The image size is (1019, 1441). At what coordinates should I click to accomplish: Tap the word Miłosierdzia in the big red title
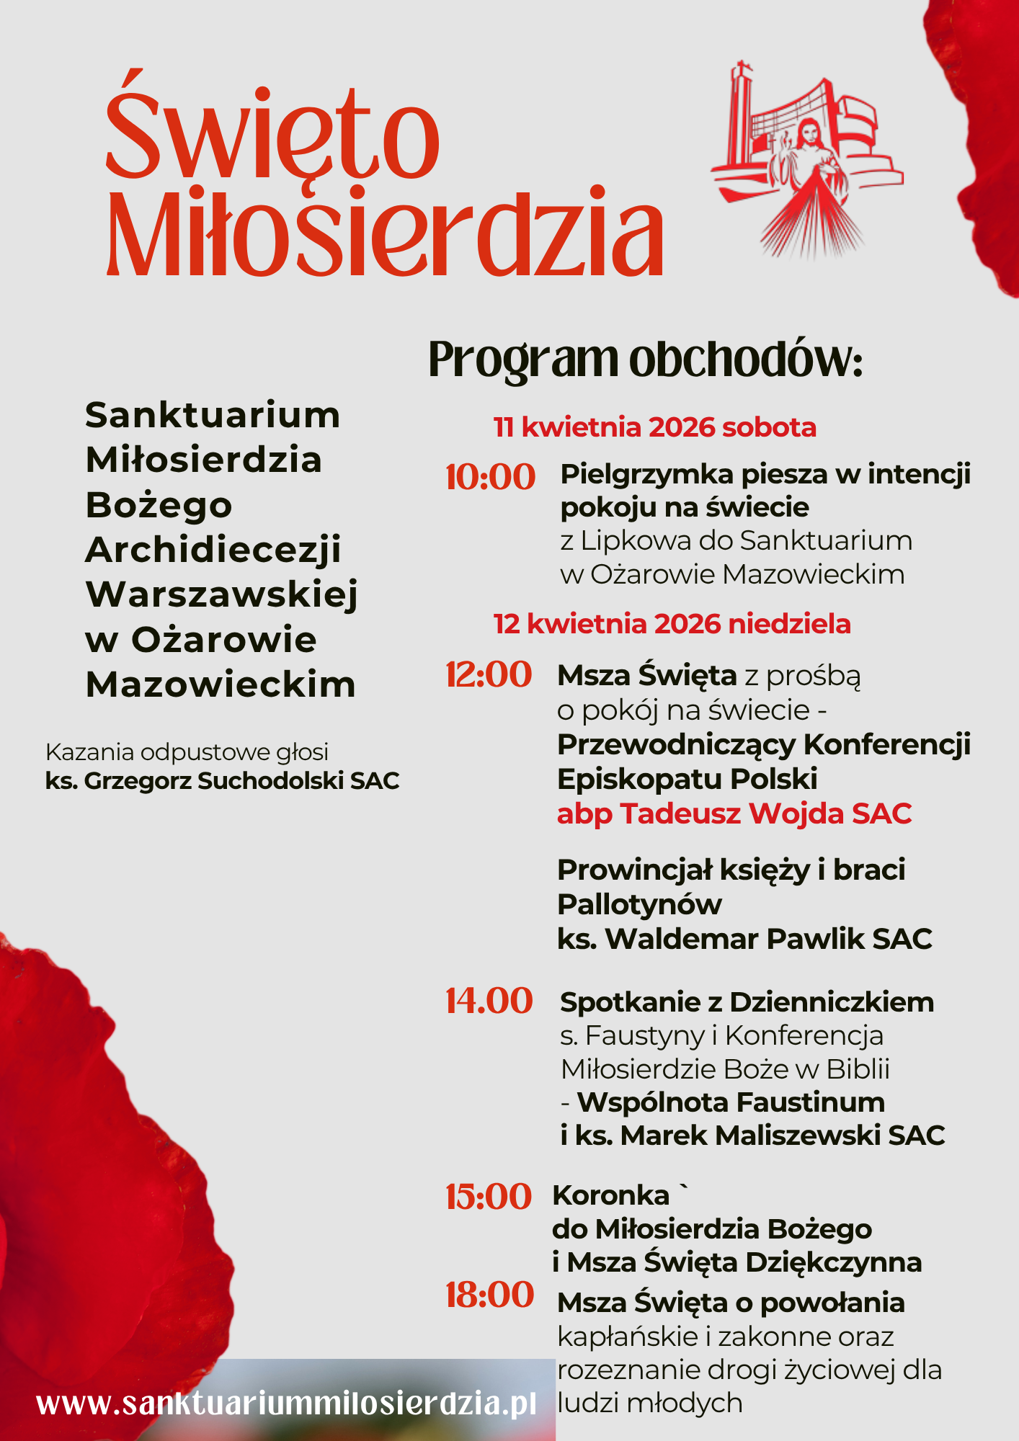point(385,232)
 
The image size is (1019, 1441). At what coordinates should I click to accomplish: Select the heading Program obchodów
point(645,359)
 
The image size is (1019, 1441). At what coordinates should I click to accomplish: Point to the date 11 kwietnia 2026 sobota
point(654,427)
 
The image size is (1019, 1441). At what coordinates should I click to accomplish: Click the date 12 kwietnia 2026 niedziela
point(672,624)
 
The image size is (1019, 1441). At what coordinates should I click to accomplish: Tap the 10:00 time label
point(490,477)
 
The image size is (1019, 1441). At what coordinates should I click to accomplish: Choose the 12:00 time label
point(489,675)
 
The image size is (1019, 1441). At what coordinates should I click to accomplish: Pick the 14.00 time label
point(489,1001)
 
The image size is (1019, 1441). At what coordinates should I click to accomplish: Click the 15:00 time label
point(489,1197)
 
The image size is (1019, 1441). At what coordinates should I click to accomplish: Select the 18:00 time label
point(489,1295)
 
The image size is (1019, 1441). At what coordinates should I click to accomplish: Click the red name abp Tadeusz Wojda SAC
point(734,814)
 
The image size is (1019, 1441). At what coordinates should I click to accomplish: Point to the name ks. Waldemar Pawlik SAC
point(745,939)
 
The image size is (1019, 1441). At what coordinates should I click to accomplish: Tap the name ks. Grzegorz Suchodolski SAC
point(222,781)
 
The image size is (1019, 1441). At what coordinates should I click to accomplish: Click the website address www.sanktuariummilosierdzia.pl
point(287,1404)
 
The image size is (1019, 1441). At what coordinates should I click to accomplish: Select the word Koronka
point(611,1195)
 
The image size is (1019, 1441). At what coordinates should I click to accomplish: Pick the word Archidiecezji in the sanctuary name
point(213,550)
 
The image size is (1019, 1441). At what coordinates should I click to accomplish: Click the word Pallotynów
point(639,904)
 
